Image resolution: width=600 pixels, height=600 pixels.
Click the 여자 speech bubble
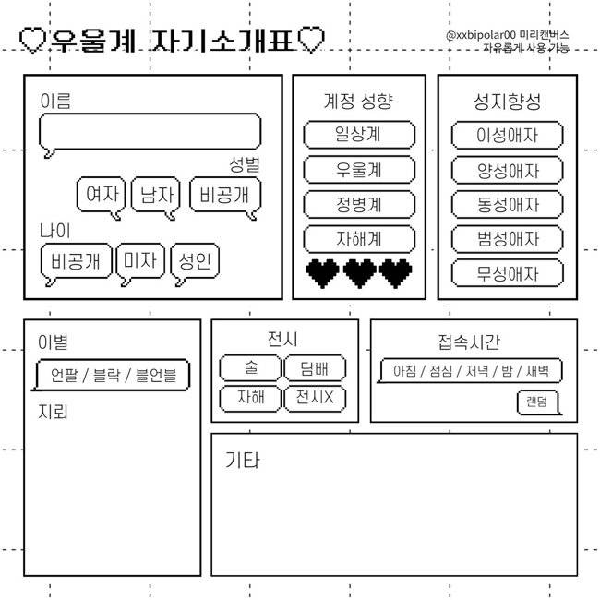coord(101,195)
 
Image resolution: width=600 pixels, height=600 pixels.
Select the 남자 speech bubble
coord(156,195)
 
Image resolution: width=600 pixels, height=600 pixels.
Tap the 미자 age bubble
coord(140,261)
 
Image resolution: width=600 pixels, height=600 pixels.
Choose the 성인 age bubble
coord(195,261)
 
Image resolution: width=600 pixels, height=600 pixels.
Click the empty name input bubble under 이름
coord(150,131)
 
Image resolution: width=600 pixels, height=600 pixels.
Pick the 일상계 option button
coord(359,135)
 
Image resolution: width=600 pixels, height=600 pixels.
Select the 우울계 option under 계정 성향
coord(359,169)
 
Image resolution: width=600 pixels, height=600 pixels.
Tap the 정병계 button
coord(359,204)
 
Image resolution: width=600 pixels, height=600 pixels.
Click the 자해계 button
coord(359,239)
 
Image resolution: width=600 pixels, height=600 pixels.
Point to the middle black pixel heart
coord(360,273)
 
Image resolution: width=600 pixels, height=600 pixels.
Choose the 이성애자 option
coord(508,135)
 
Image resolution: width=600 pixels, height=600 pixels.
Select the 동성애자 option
coord(508,204)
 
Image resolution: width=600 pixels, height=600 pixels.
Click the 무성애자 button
coord(508,273)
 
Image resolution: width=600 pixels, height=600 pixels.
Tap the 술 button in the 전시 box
coord(251,367)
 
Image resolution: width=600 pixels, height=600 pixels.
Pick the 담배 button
coord(315,367)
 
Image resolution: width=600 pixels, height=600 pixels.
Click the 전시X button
coord(315,399)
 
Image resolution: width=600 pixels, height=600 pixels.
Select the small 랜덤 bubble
coord(537,402)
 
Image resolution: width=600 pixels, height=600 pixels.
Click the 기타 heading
coord(242,460)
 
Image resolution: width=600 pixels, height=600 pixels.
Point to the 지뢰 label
coord(53,412)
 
